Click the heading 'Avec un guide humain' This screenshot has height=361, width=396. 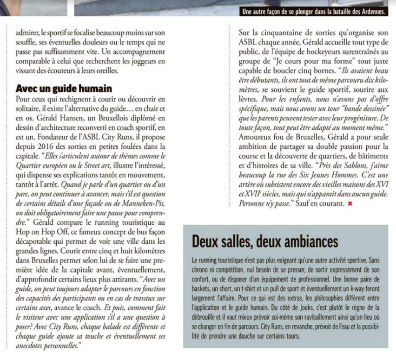[x=64, y=88]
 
